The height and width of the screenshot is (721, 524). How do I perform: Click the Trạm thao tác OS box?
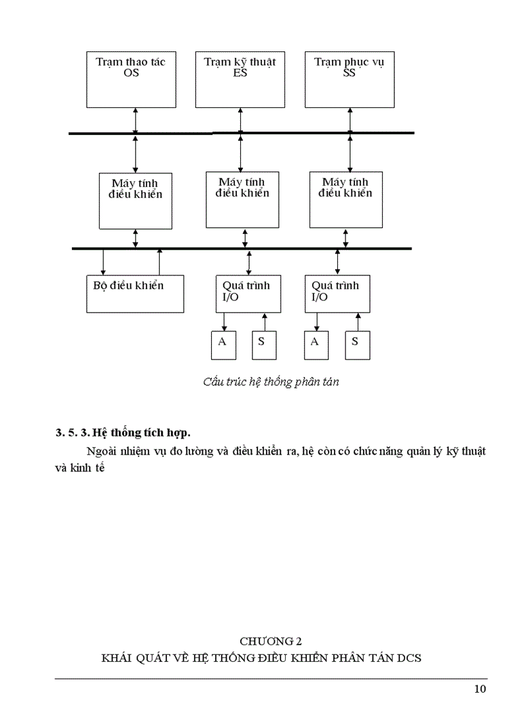131,80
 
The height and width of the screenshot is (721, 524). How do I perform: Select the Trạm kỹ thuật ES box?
240,80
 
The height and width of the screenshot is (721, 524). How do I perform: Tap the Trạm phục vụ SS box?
349,80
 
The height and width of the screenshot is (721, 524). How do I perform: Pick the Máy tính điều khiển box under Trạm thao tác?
135,200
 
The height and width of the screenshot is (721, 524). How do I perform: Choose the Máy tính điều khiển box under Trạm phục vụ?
346,200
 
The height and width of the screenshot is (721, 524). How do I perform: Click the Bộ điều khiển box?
135,294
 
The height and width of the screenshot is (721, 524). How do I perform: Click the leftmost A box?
223,345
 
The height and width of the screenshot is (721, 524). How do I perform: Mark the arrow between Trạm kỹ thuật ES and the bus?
240,120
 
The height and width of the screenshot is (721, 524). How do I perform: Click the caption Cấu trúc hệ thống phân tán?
270,382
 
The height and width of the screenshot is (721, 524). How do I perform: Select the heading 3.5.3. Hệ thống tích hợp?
123,432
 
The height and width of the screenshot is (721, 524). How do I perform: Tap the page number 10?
480,690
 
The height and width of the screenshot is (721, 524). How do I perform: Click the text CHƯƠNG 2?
270,641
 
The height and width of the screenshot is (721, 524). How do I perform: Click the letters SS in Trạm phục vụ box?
349,73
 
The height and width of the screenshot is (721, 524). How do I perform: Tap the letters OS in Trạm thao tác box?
131,73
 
